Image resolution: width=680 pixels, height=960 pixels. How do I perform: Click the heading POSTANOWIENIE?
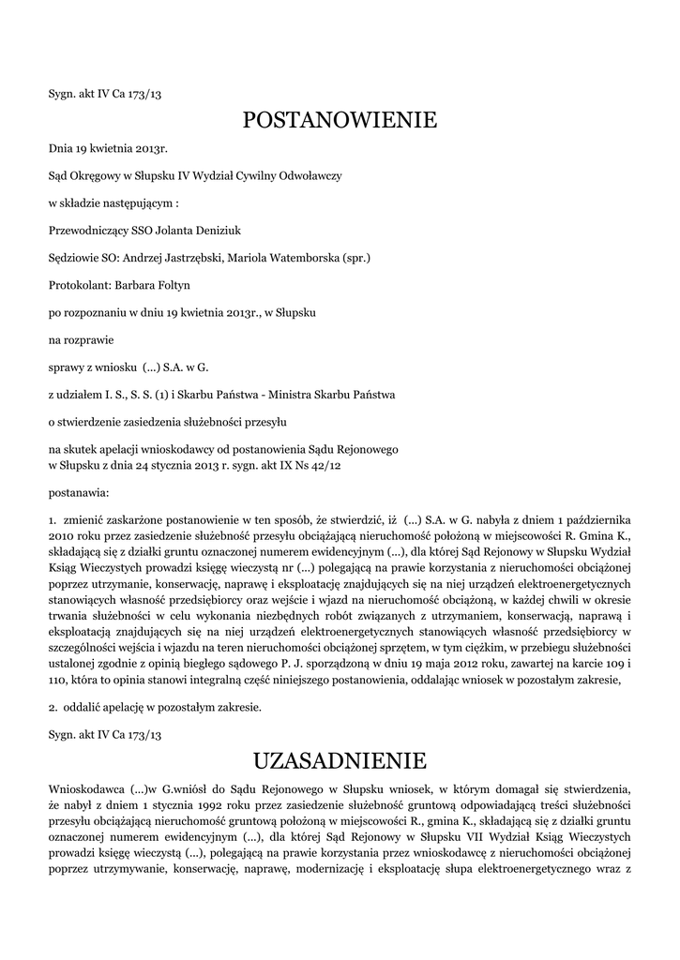pyautogui.click(x=340, y=120)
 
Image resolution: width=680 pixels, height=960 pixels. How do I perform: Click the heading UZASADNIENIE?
pyautogui.click(x=340, y=758)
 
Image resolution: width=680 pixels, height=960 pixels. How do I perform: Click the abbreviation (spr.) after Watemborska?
pyautogui.click(x=356, y=257)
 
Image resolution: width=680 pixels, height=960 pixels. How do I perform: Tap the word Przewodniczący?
pyautogui.click(x=93, y=230)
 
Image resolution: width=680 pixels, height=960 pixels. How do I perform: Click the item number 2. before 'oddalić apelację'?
pyautogui.click(x=53, y=706)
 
